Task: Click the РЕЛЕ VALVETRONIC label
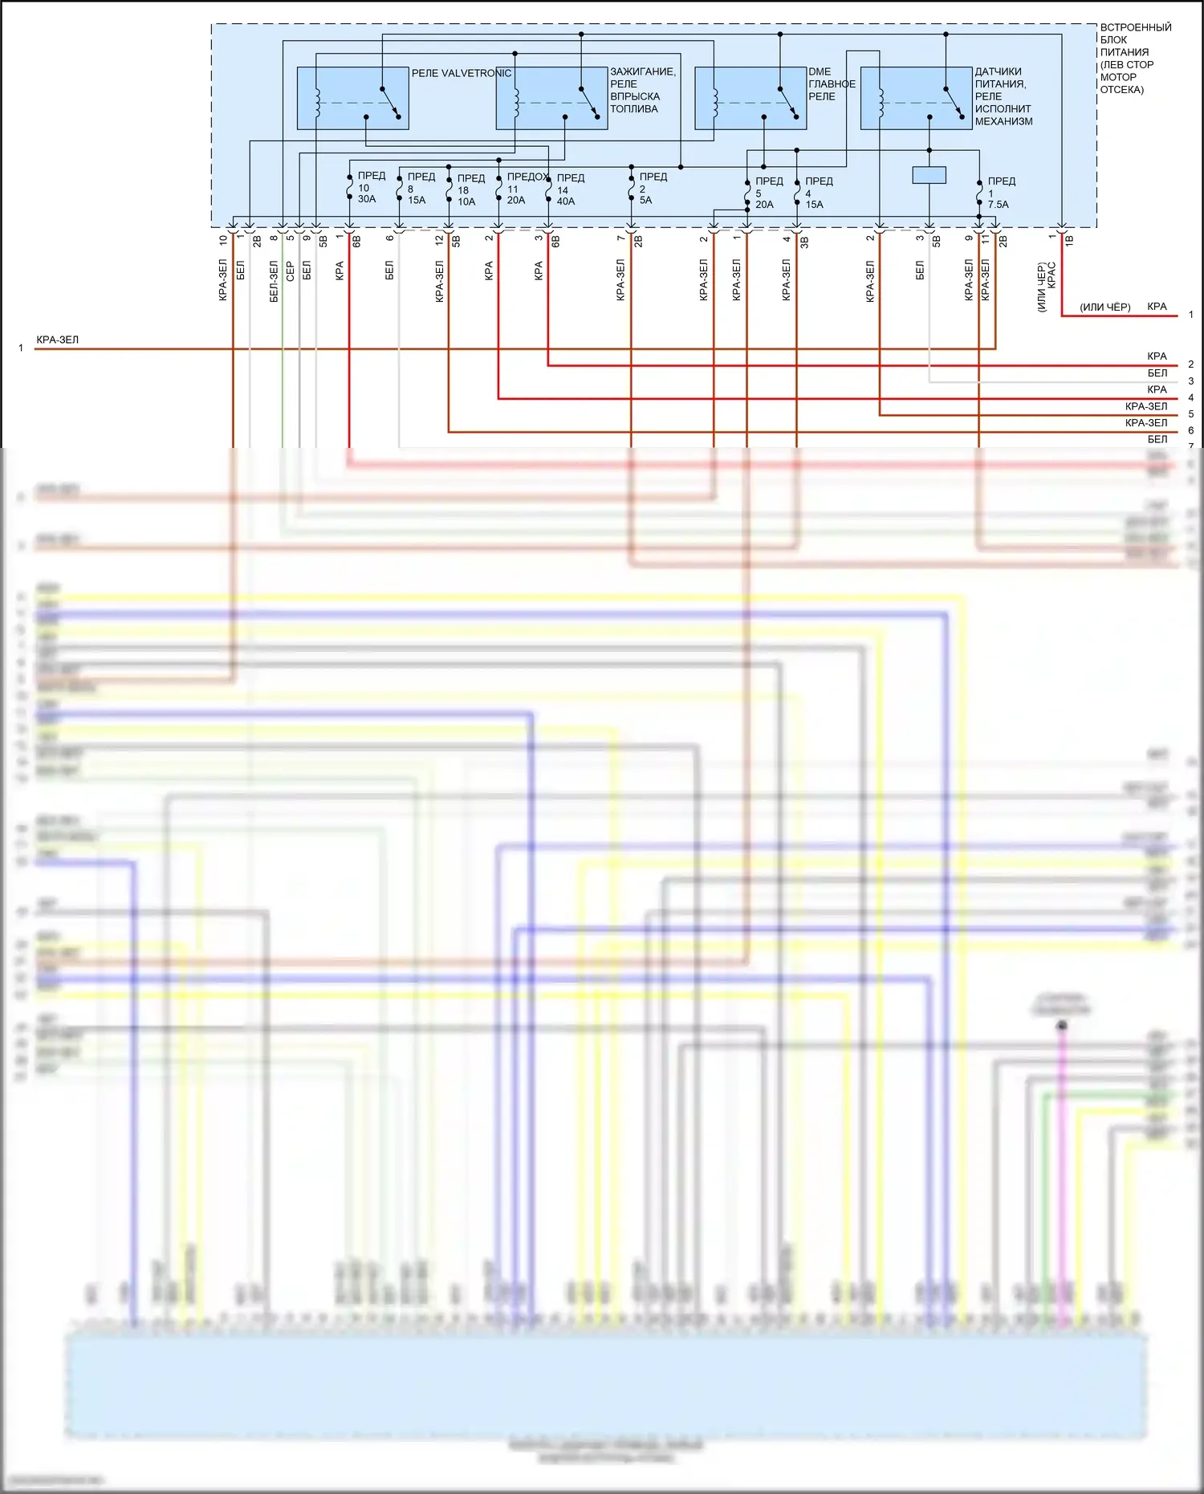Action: (461, 73)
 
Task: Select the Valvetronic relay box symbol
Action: (352, 98)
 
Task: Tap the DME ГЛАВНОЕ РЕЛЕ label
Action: (832, 83)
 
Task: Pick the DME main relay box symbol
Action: (750, 98)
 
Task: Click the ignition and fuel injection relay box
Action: (551, 98)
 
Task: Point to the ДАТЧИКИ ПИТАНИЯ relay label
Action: (1003, 96)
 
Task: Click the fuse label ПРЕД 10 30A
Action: (369, 187)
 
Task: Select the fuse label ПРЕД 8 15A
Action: (419, 188)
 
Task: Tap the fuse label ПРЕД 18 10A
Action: (470, 189)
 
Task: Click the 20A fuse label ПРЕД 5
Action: (767, 193)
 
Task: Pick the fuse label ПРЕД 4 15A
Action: (817, 193)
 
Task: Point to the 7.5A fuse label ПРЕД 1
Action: (999, 193)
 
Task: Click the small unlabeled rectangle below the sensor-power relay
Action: (929, 174)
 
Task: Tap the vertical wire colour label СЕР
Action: (290, 271)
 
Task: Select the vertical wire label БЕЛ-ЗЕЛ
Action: (274, 281)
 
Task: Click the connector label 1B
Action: (1069, 239)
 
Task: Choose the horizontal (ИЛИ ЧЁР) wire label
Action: (1104, 307)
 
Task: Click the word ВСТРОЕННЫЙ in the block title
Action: (1135, 27)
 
